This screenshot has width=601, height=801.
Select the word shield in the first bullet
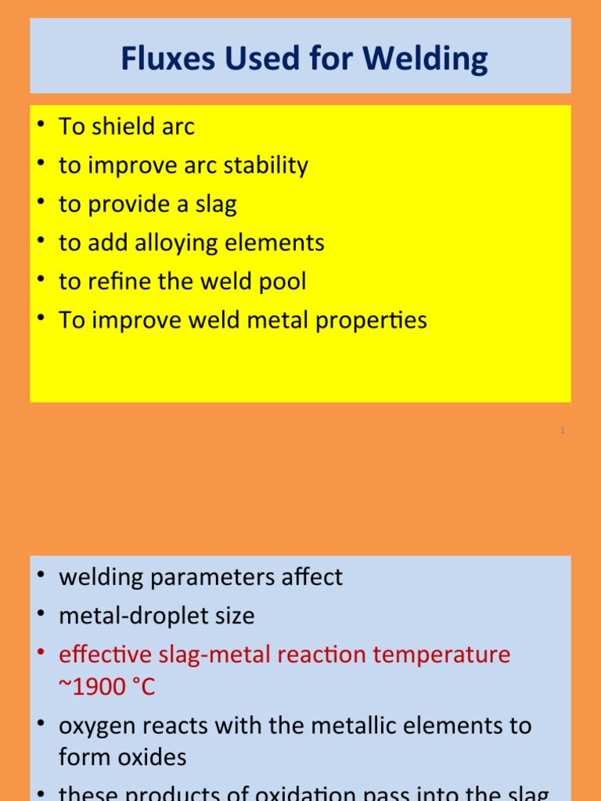tap(125, 127)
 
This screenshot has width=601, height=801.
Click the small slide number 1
tap(562, 430)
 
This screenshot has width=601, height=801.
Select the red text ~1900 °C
tap(107, 687)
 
